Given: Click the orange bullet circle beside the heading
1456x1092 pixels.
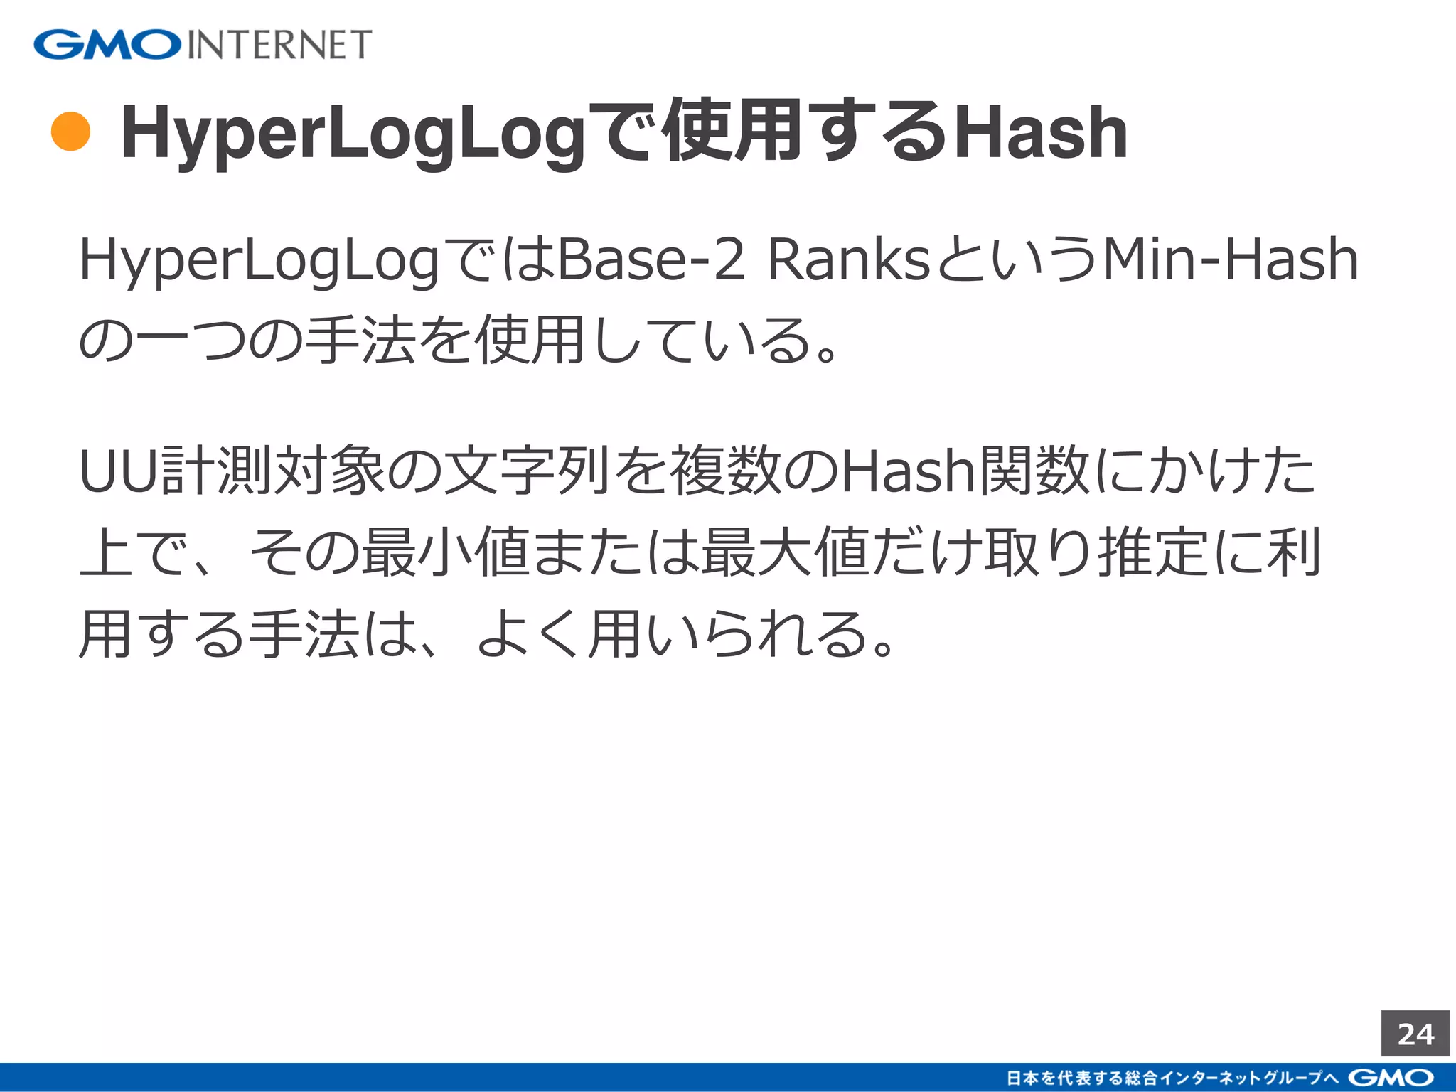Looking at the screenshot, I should tap(71, 132).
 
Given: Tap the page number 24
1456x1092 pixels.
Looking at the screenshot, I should tap(1415, 1034).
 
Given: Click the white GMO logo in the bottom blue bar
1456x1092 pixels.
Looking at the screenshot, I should tap(1391, 1078).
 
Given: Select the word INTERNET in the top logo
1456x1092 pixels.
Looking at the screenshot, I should tap(279, 45).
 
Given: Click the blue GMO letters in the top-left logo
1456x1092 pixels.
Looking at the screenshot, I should tap(107, 45).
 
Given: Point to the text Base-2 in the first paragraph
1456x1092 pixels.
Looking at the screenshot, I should tap(651, 260).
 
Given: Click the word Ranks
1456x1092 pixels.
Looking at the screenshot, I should tap(849, 260).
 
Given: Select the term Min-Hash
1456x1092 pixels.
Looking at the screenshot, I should tap(1229, 260).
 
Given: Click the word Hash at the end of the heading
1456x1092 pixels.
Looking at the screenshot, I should tap(1041, 133).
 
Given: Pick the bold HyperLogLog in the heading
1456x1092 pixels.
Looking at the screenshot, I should tap(353, 133).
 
